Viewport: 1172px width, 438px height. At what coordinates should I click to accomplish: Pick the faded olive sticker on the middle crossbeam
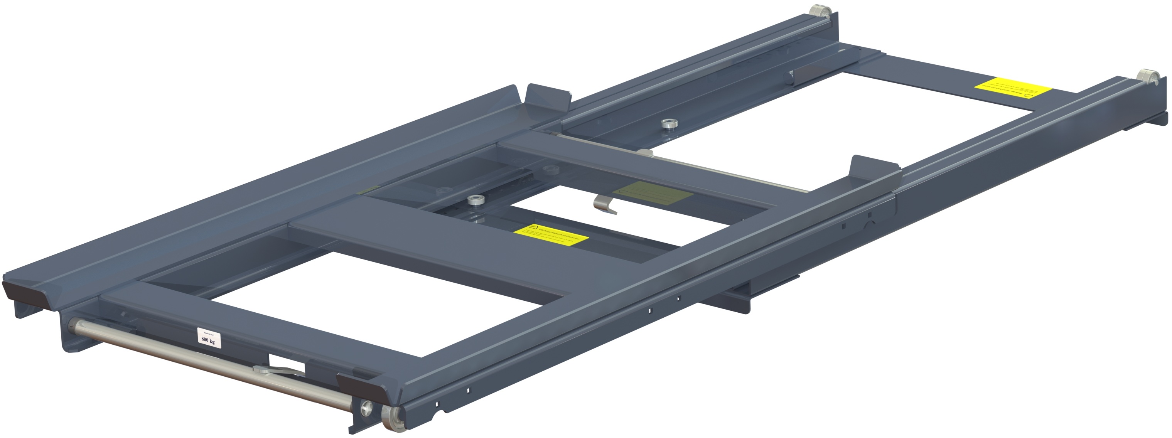tap(653, 193)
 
